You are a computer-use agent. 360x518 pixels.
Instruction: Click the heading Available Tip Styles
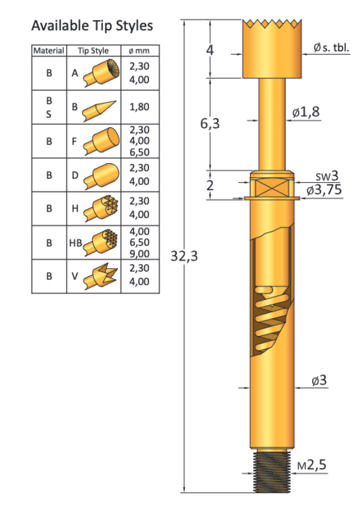point(92,26)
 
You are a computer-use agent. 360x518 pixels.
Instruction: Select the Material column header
point(49,51)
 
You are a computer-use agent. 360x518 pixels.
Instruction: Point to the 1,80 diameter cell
point(139,107)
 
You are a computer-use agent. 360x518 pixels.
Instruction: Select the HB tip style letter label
point(75,242)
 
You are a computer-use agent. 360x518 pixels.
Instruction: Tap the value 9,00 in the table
point(139,254)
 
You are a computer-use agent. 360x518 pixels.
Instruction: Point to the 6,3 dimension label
point(210,124)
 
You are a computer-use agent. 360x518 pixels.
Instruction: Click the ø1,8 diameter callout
point(306,112)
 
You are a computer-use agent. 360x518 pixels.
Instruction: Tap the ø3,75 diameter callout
point(323,190)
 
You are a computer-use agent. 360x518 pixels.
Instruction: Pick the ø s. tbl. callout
point(331,48)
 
